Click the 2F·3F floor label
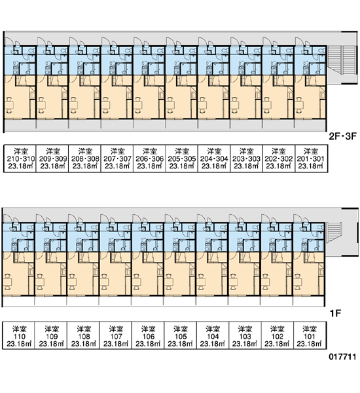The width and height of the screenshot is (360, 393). click(342, 137)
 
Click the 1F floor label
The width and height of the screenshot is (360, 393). click(335, 313)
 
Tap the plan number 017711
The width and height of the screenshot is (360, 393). click(342, 357)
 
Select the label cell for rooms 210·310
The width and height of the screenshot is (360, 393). click(20, 159)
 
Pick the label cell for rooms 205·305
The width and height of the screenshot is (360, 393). click(181, 159)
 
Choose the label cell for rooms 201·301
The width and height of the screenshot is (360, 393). click(312, 159)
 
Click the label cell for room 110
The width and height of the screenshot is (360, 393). click(18, 335)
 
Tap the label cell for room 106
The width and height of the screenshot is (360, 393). click(148, 335)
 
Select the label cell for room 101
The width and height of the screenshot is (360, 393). click(310, 335)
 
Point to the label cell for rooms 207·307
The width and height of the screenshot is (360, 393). click(117, 159)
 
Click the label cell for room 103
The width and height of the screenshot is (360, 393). click(245, 335)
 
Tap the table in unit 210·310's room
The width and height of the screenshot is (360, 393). click(9, 105)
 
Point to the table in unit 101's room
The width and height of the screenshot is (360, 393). click(298, 282)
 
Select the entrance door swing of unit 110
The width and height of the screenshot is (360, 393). click(9, 217)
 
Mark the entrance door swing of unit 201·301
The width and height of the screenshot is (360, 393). click(300, 41)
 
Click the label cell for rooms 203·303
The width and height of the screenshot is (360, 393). click(246, 159)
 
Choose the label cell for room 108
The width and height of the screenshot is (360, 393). click(83, 335)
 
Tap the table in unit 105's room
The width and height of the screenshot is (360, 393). click(169, 282)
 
